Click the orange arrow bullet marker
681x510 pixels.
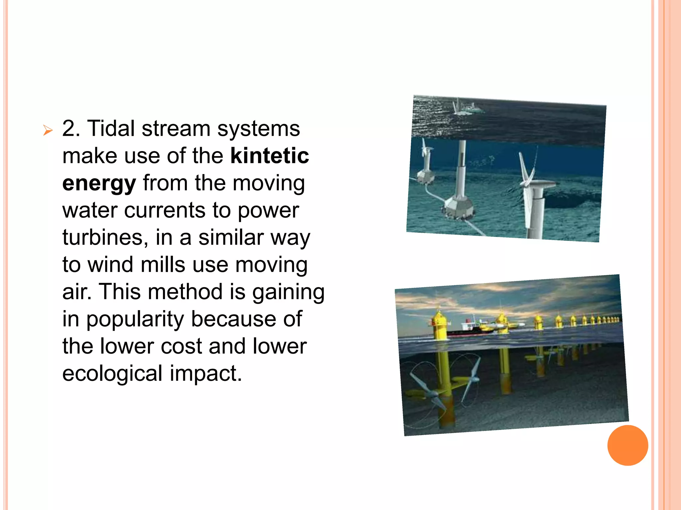[48, 130]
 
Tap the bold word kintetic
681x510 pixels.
[270, 156]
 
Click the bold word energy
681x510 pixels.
[99, 184]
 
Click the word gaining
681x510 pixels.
[288, 292]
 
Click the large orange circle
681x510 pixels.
[627, 445]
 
